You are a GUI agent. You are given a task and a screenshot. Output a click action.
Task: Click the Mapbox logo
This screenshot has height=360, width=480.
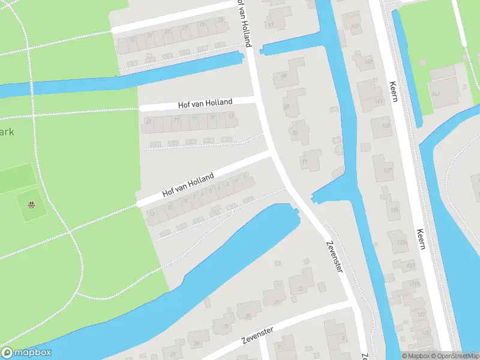click(x=26, y=353)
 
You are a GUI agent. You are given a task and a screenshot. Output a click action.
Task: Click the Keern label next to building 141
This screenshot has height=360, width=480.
click(x=394, y=91)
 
